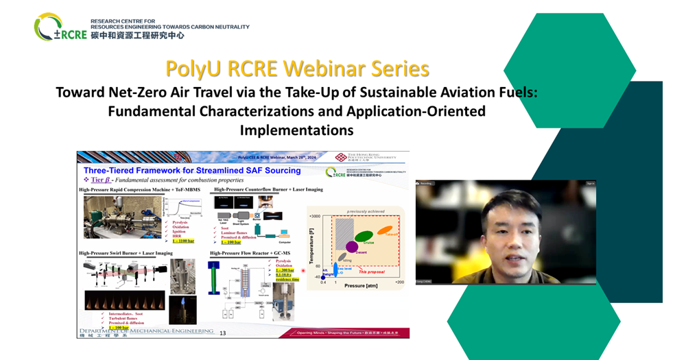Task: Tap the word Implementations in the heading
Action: click(x=296, y=129)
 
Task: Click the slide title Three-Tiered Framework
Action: click(x=192, y=170)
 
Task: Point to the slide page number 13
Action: click(x=222, y=333)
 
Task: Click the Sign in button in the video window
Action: click(x=591, y=184)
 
